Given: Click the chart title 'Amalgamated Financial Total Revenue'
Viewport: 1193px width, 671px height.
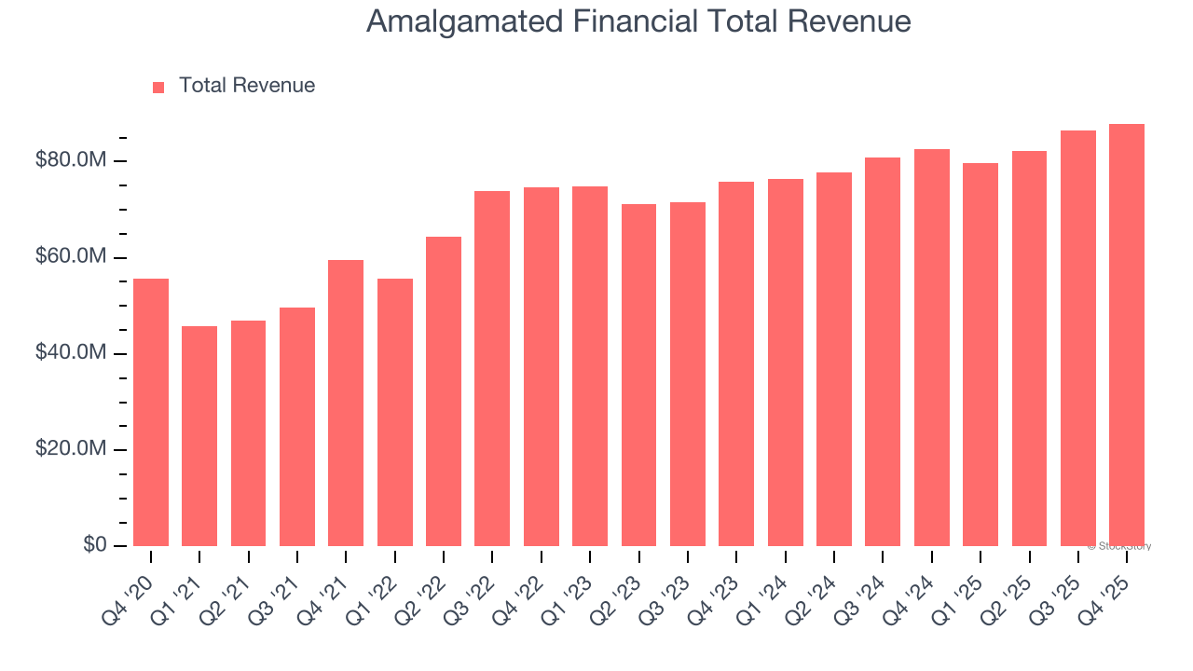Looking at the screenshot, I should [x=638, y=21].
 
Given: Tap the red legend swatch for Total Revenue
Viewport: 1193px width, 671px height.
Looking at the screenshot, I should [x=158, y=87].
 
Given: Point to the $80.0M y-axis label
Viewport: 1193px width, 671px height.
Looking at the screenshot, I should [x=71, y=161].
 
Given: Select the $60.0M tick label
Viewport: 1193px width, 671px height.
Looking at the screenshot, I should [x=71, y=257].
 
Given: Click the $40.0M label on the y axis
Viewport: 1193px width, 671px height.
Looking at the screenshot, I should [x=71, y=353].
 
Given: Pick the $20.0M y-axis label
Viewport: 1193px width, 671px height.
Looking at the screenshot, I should [x=71, y=449].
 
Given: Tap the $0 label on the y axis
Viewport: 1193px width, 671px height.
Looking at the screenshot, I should [x=94, y=544].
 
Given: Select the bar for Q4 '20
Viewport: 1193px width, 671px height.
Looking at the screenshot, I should [x=151, y=412].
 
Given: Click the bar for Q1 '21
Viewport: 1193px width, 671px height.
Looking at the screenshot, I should [x=199, y=436].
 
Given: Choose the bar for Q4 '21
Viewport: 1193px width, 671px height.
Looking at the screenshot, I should [x=346, y=403].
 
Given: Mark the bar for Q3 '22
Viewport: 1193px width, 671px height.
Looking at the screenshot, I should [x=492, y=368].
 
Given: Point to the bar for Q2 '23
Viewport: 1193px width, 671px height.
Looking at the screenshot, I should [x=638, y=375].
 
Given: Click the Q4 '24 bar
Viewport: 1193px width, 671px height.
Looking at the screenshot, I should [x=931, y=348].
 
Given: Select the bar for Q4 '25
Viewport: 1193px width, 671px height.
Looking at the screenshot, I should [x=1127, y=335].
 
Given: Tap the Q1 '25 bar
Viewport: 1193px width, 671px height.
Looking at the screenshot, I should [x=980, y=354].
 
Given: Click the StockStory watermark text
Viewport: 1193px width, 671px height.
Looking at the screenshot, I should [x=1119, y=546].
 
